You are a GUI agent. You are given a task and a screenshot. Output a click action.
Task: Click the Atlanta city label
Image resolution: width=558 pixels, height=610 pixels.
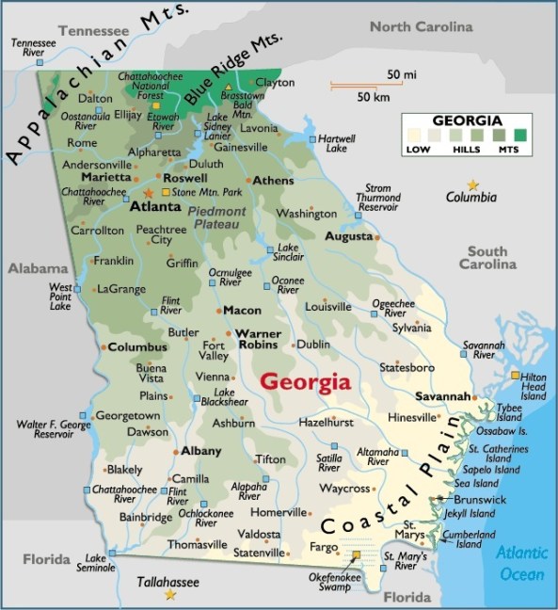click(x=155, y=207)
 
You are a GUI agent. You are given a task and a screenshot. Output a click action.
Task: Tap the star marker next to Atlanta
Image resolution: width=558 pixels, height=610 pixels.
click(x=147, y=192)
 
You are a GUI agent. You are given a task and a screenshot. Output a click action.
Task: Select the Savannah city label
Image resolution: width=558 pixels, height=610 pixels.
click(x=441, y=397)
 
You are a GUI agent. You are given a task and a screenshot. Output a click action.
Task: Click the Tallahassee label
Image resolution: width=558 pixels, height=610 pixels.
click(x=169, y=582)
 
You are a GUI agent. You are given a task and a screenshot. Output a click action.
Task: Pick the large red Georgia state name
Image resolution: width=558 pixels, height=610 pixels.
click(x=305, y=382)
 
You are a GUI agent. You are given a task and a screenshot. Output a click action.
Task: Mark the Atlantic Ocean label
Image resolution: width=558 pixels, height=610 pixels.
click(x=520, y=563)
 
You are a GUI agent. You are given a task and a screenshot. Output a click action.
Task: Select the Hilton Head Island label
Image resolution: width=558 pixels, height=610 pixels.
click(x=534, y=388)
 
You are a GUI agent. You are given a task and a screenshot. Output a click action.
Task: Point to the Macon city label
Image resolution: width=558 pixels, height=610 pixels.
click(x=241, y=310)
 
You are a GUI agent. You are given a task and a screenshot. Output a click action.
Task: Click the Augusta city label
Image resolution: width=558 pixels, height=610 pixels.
click(x=349, y=235)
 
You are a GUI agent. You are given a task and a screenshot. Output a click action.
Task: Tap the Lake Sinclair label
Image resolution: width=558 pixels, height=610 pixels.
click(x=288, y=251)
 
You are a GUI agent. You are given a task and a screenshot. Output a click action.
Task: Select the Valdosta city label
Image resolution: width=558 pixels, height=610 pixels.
click(x=258, y=535)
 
